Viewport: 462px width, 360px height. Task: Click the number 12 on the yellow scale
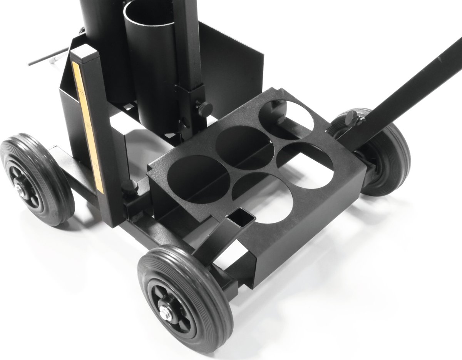pyautogui.click(x=82, y=91)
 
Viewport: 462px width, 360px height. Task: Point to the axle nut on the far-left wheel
pyautogui.click(x=19, y=189)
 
